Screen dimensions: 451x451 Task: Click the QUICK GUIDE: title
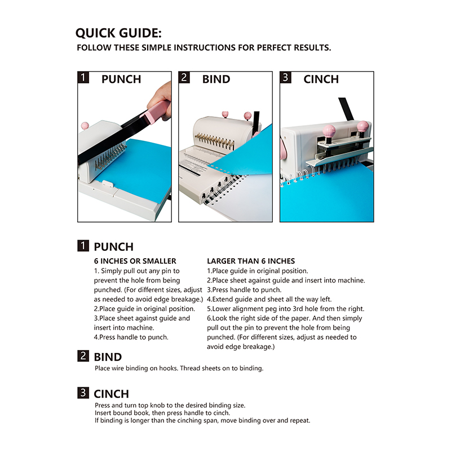[118, 33]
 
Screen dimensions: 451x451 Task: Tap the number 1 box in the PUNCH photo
[83, 77]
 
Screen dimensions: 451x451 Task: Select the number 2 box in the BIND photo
[184, 77]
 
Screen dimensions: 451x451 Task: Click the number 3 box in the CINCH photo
[285, 77]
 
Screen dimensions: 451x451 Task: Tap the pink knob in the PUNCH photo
[85, 126]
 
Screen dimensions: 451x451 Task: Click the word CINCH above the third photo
[321, 79]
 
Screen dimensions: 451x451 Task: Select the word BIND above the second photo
[216, 79]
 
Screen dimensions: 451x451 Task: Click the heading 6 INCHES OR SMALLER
[135, 261]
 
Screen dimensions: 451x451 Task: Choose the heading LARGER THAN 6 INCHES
[251, 261]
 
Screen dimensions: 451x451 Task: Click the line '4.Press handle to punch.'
[131, 337]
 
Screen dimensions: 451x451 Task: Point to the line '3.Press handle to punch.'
[244, 290]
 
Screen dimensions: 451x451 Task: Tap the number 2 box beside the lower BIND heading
[83, 356]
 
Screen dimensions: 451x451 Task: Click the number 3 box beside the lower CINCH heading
[83, 392]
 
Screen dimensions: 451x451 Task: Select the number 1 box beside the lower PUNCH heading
[83, 246]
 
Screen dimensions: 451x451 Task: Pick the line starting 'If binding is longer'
[202, 421]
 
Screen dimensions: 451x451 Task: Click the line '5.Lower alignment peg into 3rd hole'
[286, 308]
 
